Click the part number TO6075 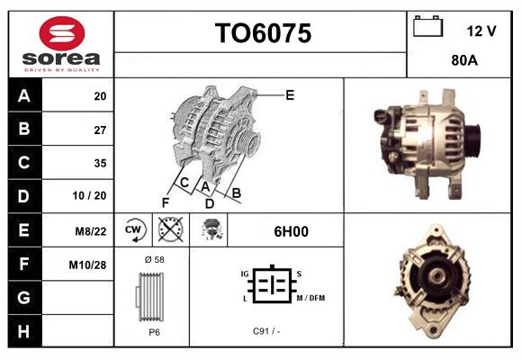[x=262, y=34]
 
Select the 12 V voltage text [x=481, y=31]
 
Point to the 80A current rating [x=463, y=62]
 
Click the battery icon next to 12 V [x=427, y=27]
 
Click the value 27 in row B [x=100, y=130]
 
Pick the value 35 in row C [x=100, y=163]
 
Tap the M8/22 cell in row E [x=91, y=231]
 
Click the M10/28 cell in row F [x=88, y=265]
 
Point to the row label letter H [x=23, y=331]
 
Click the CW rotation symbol [x=133, y=230]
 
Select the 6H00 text [x=291, y=231]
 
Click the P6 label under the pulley [x=154, y=331]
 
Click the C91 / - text [x=267, y=331]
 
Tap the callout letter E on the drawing [x=289, y=94]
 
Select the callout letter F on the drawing [x=165, y=202]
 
